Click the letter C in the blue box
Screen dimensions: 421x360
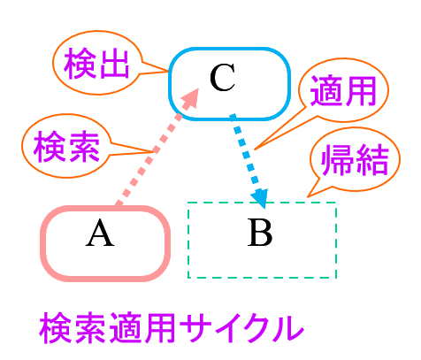tap(222, 78)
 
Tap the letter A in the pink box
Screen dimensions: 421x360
tap(100, 233)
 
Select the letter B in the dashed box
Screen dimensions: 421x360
tap(260, 233)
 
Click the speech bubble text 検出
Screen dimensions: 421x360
tap(96, 63)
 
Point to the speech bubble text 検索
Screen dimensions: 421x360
tap(66, 147)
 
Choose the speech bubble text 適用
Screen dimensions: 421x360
tap(343, 90)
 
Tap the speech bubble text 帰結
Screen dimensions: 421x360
tap(355, 159)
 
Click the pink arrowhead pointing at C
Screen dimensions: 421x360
tap(191, 99)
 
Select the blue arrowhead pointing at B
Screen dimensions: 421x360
tap(260, 198)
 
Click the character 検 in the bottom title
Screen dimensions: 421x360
tap(56, 327)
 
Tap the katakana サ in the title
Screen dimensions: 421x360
tap(195, 327)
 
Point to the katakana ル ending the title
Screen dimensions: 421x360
tap(288, 328)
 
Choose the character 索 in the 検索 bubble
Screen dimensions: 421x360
tap(83, 147)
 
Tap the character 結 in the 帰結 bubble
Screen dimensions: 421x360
tap(372, 159)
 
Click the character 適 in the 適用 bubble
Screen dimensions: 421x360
tap(325, 90)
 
